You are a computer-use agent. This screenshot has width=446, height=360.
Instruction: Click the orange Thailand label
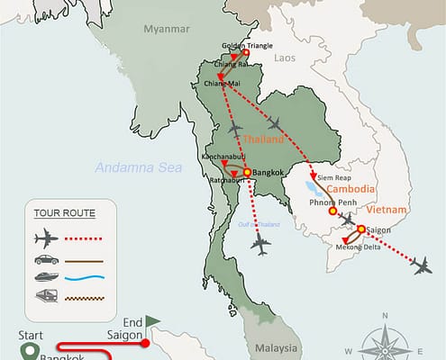[x=263, y=139]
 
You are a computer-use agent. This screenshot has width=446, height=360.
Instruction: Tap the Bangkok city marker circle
[x=247, y=172]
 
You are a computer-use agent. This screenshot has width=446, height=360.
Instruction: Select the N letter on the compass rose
[x=384, y=315]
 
